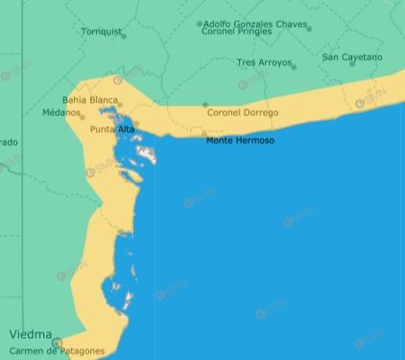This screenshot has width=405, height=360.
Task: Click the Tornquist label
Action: [x=101, y=31]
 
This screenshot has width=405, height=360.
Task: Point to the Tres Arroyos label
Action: [x=264, y=62]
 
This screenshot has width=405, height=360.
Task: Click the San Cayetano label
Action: [x=352, y=57]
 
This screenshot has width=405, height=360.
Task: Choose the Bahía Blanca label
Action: [x=89, y=99]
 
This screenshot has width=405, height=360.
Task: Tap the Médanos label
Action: [x=61, y=112]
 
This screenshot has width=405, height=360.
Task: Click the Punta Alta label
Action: [x=112, y=129]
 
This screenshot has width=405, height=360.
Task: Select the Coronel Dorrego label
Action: [x=243, y=112]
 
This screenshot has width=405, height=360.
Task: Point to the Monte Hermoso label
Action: [x=240, y=140]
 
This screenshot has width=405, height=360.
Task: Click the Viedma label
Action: [x=30, y=334]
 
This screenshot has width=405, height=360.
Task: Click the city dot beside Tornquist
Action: [x=124, y=35]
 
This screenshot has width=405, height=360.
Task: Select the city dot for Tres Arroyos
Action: [x=294, y=66]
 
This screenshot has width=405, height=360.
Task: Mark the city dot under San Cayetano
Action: [x=352, y=64]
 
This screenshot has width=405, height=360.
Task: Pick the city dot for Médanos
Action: [x=83, y=117]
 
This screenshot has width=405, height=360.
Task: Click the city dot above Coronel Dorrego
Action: [x=205, y=105]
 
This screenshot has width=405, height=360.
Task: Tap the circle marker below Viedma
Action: [x=57, y=342]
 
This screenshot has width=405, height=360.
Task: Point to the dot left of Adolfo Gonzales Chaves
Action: [x=200, y=24]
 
